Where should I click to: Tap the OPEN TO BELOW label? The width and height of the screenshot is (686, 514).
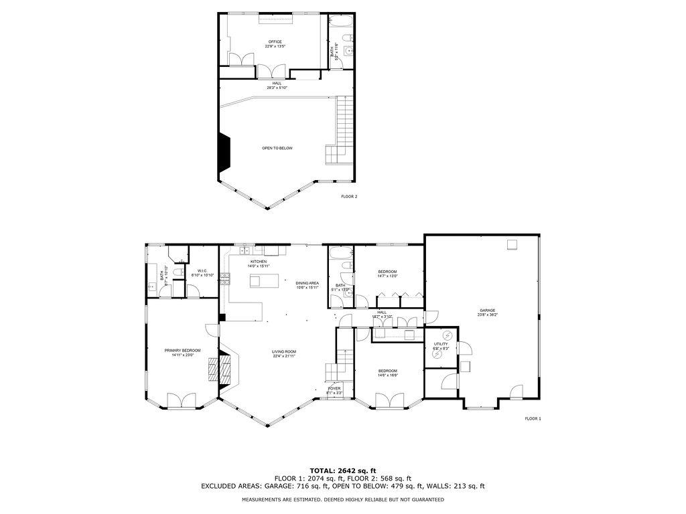pos(277,148)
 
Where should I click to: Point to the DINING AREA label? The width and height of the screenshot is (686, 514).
pos(307,285)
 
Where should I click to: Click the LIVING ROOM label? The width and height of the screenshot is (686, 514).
pos(284,353)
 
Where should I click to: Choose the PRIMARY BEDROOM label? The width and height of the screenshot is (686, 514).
pos(183,352)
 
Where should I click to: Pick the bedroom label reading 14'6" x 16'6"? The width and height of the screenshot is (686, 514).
pos(387,373)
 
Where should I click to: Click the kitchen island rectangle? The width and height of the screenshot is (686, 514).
pos(261,281)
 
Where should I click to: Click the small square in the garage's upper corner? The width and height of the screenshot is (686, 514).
pos(512,244)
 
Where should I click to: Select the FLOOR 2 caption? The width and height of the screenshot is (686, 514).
pos(349,197)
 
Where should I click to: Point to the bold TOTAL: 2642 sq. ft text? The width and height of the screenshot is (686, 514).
pos(342,470)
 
